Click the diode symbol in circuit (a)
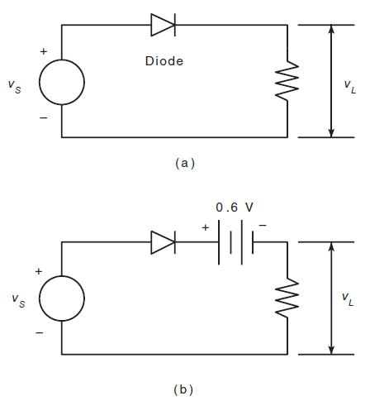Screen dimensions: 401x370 pyautogui.click(x=163, y=25)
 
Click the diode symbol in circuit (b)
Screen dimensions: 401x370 pyautogui.click(x=163, y=242)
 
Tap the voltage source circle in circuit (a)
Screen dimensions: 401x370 pyautogui.click(x=61, y=82)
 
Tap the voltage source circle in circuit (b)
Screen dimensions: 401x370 pyautogui.click(x=61, y=299)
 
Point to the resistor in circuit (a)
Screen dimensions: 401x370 pyautogui.click(x=287, y=81)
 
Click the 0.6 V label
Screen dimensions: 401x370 pyautogui.click(x=235, y=207)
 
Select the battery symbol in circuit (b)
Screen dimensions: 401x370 pyautogui.click(x=235, y=242)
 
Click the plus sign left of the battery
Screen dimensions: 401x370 pyautogui.click(x=205, y=227)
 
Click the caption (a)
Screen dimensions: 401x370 pyautogui.click(x=185, y=163)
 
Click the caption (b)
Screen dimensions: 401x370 pyautogui.click(x=185, y=388)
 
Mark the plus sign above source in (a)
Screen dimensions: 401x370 pyautogui.click(x=44, y=51)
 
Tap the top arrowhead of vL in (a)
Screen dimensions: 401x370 pyautogui.click(x=331, y=31)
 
